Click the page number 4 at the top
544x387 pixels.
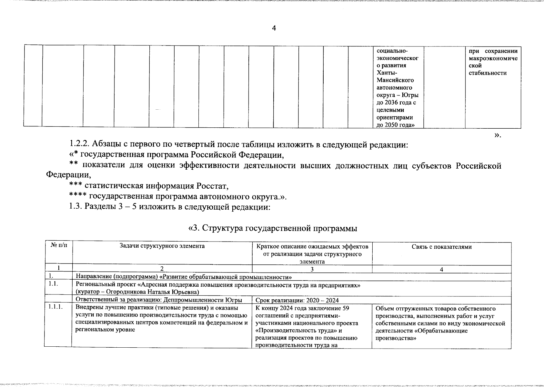point(274,28)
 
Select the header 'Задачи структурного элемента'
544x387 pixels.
point(162,246)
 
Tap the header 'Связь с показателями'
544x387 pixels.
point(441,247)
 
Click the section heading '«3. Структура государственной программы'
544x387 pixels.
point(273,228)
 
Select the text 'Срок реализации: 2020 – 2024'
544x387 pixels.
point(297,301)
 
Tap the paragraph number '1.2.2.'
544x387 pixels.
point(79,145)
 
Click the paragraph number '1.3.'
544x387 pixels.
point(76,207)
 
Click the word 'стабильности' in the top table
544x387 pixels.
point(488,73)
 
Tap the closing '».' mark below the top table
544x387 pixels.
point(497,135)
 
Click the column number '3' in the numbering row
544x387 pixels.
point(312,270)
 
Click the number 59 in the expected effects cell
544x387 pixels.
point(345,308)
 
